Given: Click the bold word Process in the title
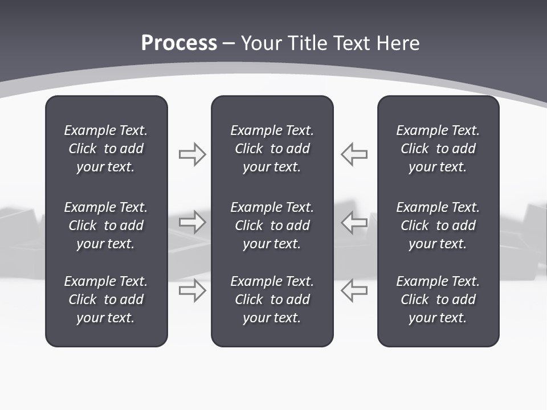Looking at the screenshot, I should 179,43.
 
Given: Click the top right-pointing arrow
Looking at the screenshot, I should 192,154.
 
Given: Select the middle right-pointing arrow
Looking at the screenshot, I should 192,222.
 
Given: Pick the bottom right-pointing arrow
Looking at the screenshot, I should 192,290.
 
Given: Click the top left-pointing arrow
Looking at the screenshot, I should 354,154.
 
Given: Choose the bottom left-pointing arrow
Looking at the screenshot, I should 354,290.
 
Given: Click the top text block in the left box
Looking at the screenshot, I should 106,149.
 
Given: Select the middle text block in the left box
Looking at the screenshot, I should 106,225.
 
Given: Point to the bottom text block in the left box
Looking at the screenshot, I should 106,300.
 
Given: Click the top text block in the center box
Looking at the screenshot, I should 272,149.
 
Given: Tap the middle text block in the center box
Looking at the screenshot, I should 272,225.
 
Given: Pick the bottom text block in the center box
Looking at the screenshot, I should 272,300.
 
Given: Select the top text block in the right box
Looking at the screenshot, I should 438,149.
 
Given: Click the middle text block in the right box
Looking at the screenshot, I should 438,225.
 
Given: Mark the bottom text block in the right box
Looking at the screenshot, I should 438,300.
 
